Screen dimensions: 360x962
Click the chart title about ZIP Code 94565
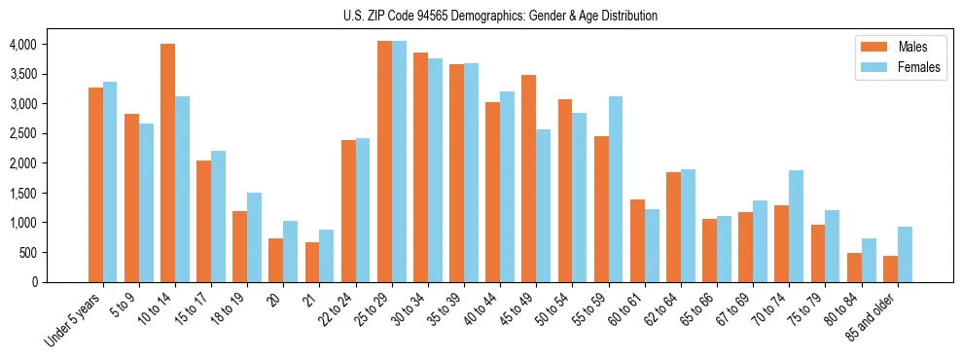(x=500, y=16)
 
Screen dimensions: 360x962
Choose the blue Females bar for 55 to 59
(x=616, y=190)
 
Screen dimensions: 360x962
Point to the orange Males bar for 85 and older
(x=890, y=270)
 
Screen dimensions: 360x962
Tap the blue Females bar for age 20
(x=291, y=252)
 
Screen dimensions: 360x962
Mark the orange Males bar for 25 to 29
(x=384, y=162)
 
